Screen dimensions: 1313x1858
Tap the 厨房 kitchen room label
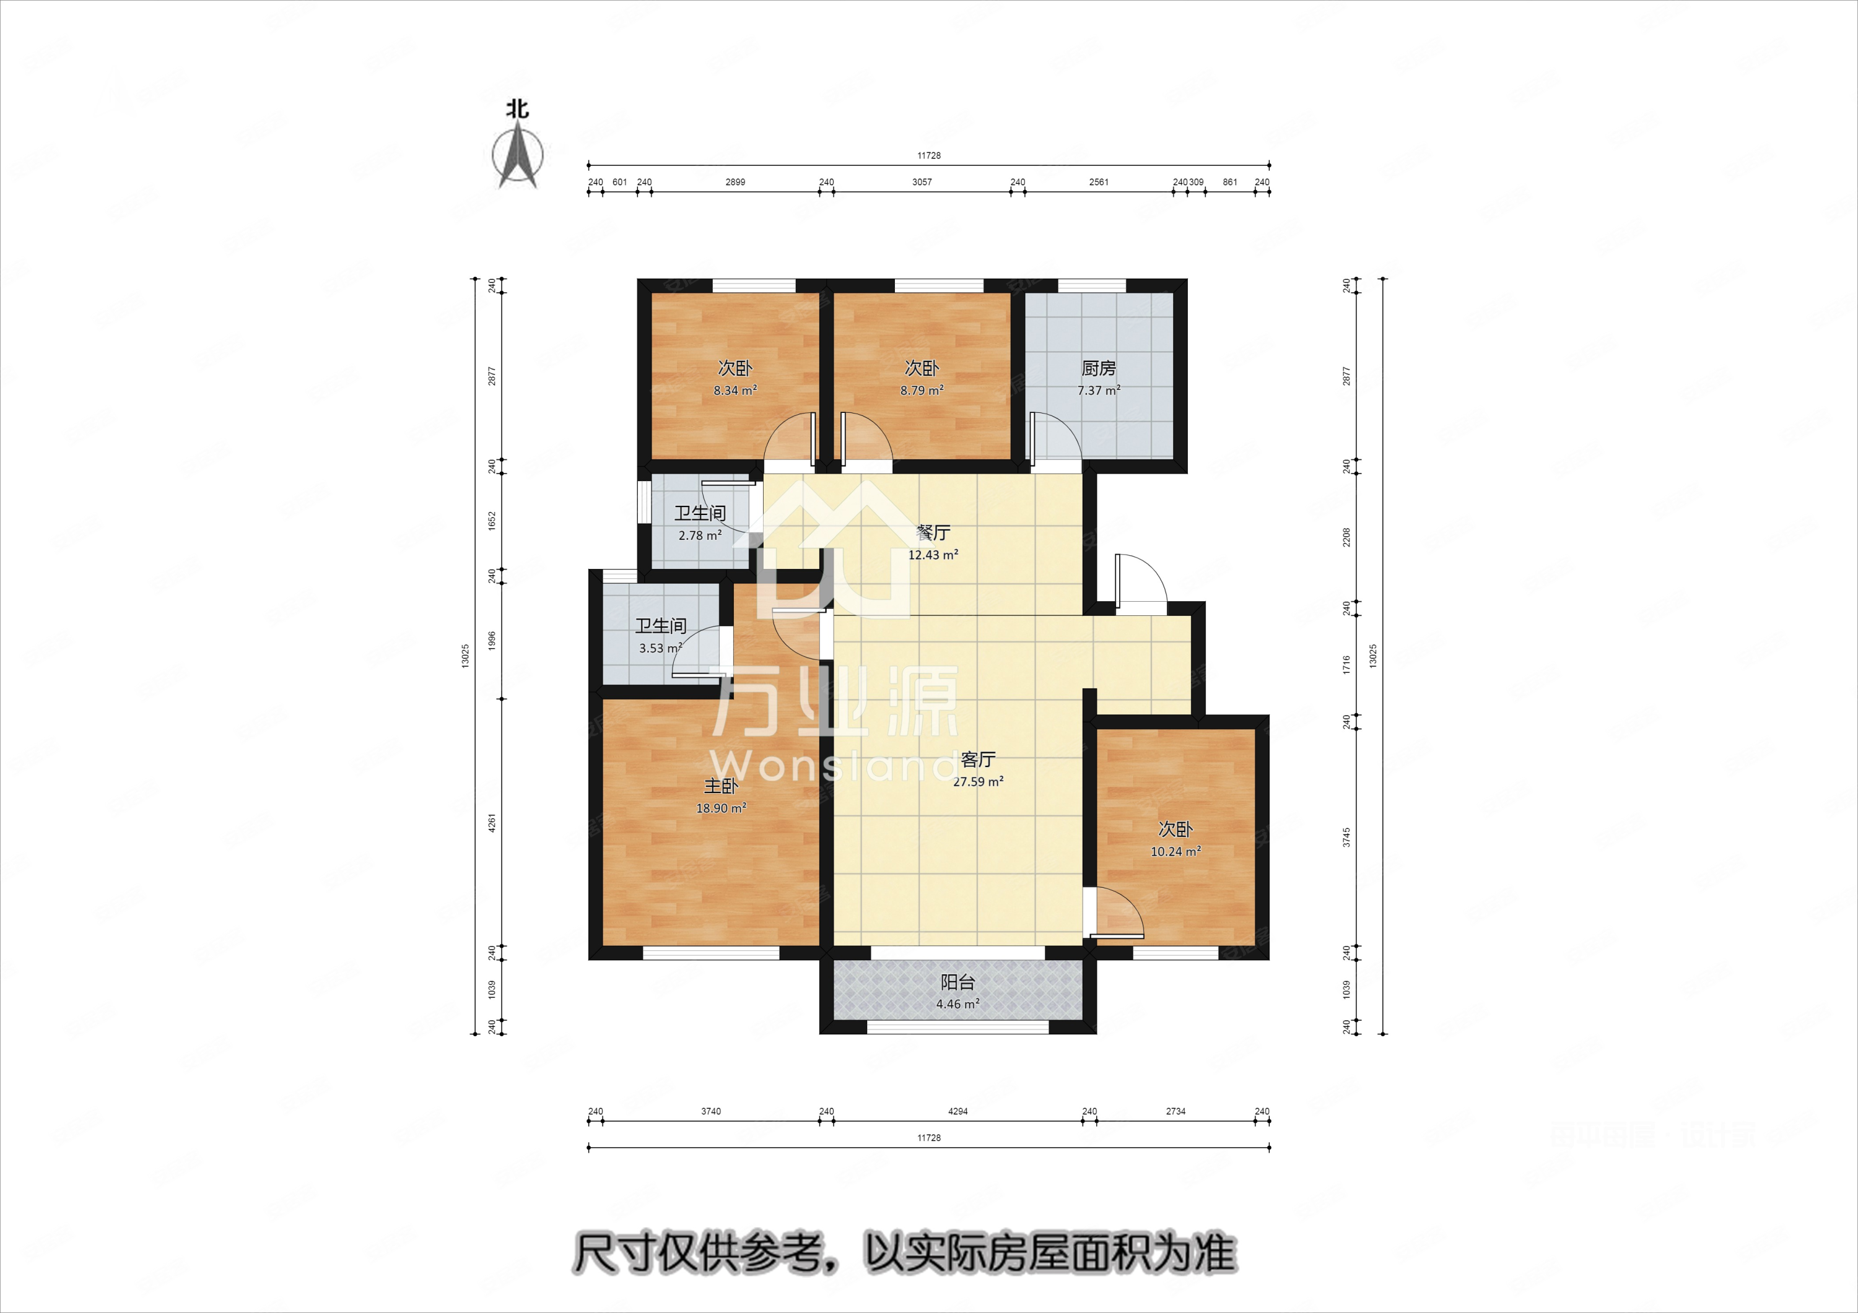tap(1098, 369)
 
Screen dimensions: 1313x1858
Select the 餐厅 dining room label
tap(933, 533)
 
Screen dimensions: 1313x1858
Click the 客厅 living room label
tap(977, 760)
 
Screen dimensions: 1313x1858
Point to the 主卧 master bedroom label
tap(720, 786)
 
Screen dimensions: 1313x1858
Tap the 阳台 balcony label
tap(957, 982)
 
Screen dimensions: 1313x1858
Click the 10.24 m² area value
tap(1175, 852)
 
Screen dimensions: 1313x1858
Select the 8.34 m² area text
tap(735, 391)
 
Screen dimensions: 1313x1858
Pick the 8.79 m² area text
tap(922, 391)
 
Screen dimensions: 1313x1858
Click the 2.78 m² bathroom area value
tap(700, 535)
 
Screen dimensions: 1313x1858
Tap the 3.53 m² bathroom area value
tap(660, 648)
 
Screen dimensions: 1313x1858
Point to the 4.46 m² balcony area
tap(957, 1004)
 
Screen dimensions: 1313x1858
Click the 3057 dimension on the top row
tap(922, 182)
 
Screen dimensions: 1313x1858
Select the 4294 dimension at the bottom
tap(957, 1112)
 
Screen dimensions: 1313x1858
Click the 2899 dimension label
tap(735, 182)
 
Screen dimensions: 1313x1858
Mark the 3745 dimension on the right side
tap(1346, 838)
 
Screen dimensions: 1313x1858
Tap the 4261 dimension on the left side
tap(492, 823)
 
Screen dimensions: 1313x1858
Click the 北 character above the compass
tap(518, 109)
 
